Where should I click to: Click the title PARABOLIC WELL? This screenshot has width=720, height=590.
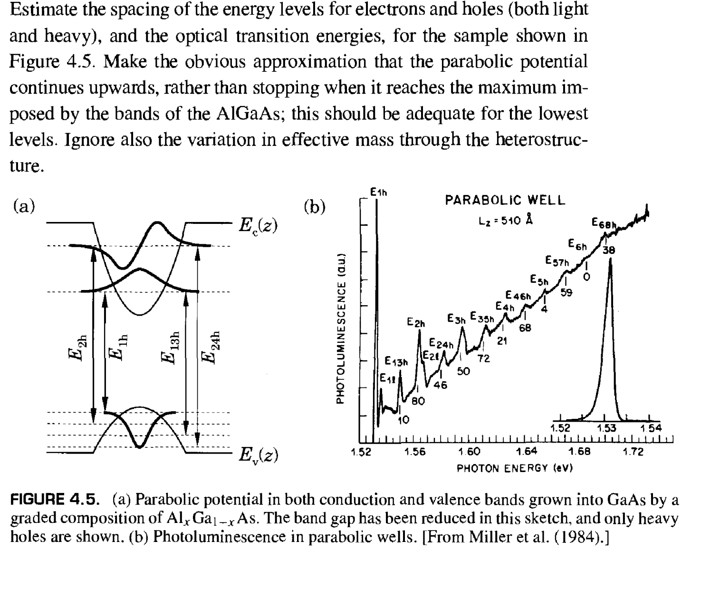505,200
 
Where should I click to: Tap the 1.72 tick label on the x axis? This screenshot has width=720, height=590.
633,452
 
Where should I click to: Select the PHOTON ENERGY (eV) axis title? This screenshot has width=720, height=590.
514,468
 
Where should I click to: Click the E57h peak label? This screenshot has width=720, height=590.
557,261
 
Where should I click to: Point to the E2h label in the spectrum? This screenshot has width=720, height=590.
415,323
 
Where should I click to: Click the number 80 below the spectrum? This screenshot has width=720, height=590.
418,402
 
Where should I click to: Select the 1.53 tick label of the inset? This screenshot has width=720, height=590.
606,428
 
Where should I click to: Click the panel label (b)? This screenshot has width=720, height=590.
314,207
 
